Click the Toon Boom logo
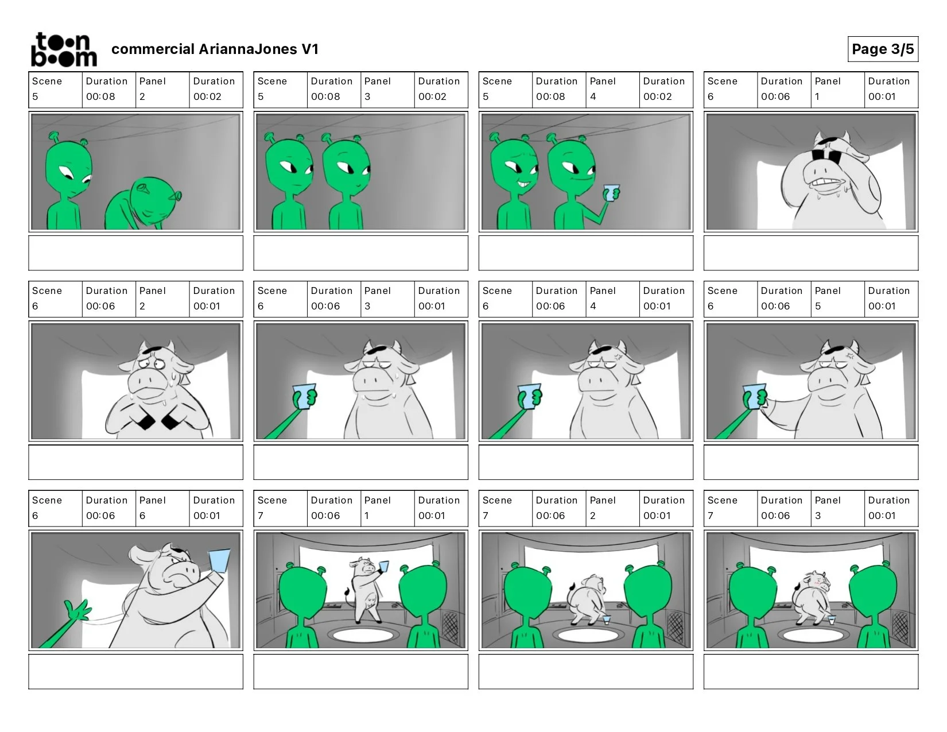[x=64, y=49]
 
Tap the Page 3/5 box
[x=883, y=49]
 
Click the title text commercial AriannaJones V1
[x=215, y=49]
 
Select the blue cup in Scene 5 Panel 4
[x=611, y=193]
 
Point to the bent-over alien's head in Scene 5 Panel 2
[x=153, y=200]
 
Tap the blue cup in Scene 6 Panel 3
[x=305, y=396]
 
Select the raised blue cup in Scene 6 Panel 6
[x=219, y=560]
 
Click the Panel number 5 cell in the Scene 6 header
[x=837, y=299]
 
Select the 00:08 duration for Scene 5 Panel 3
[x=325, y=96]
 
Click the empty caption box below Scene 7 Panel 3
[x=810, y=671]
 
